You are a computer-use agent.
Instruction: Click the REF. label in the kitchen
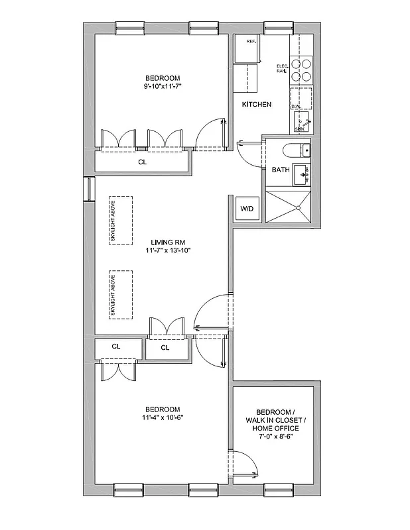pyautogui.click(x=251, y=42)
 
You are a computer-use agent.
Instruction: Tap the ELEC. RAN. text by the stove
pyautogui.click(x=282, y=68)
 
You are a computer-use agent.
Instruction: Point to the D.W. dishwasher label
pyautogui.click(x=296, y=106)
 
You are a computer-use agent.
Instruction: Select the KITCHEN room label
pyautogui.click(x=256, y=105)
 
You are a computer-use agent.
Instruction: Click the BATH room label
pyautogui.click(x=281, y=170)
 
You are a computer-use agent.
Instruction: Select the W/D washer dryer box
pyautogui.click(x=246, y=209)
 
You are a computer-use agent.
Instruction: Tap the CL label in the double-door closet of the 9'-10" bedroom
pyautogui.click(x=142, y=161)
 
